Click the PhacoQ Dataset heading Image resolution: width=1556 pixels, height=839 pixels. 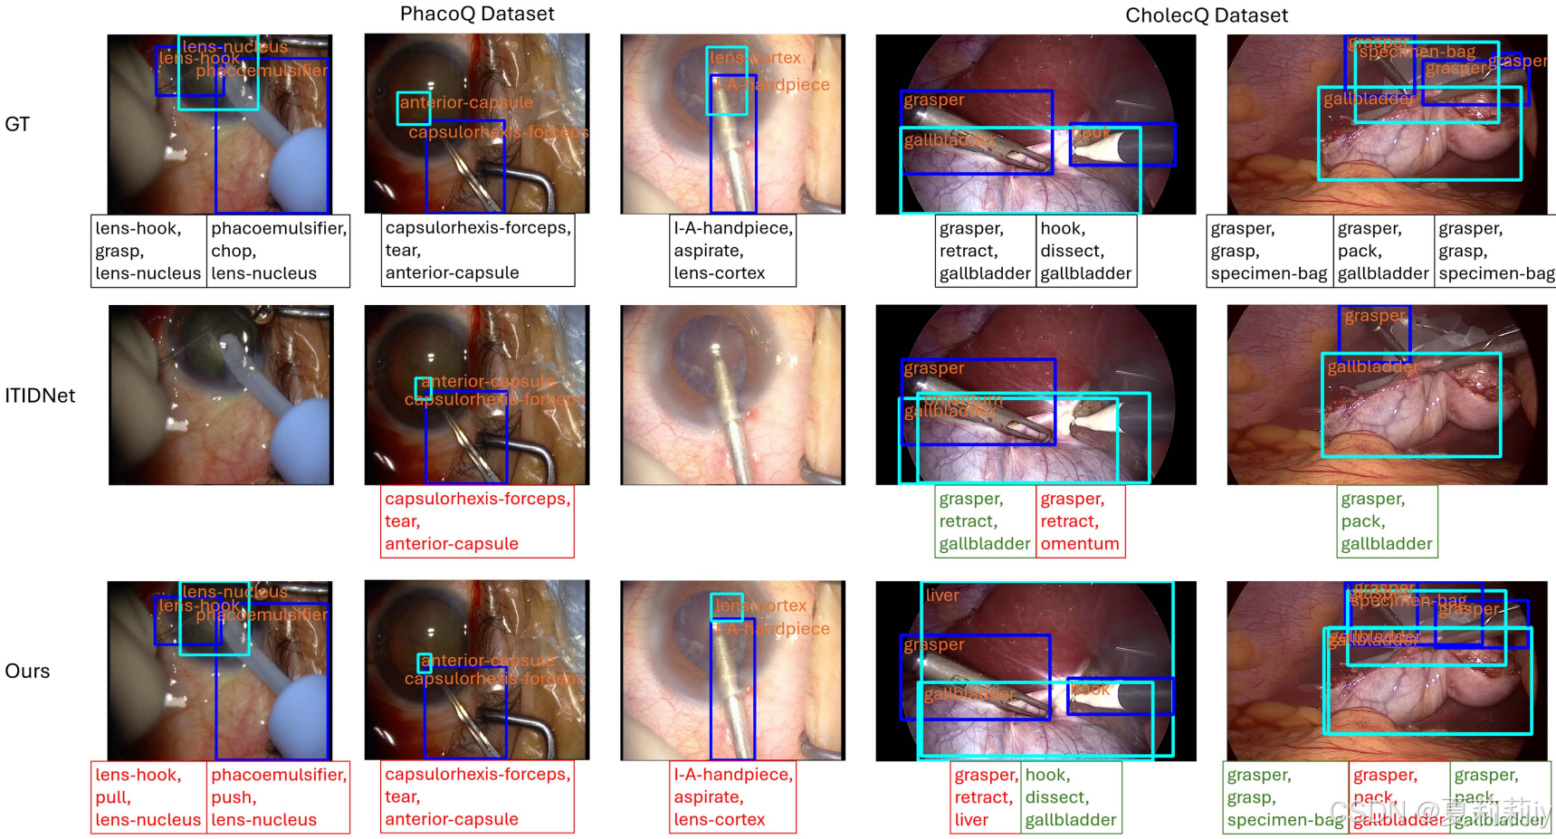pyautogui.click(x=477, y=14)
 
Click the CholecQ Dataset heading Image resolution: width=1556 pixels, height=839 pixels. pyautogui.click(x=1206, y=15)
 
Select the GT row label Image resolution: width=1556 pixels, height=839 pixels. pyautogui.click(x=17, y=124)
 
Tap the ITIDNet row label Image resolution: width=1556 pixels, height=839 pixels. pyautogui.click(x=40, y=396)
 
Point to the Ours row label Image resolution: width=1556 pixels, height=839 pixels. pyautogui.click(x=27, y=671)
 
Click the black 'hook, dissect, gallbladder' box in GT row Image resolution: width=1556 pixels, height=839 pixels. pyautogui.click(x=1085, y=251)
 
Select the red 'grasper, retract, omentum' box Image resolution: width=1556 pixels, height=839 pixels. pyautogui.click(x=1080, y=521)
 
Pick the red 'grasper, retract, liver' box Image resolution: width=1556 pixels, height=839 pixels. pyautogui.click(x=985, y=796)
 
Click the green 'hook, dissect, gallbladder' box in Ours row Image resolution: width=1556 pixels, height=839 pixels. pyautogui.click(x=1072, y=796)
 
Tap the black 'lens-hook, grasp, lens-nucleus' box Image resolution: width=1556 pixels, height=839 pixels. pyautogui.click(x=148, y=251)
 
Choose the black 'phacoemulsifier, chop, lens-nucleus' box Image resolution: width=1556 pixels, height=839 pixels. pyautogui.click(x=278, y=251)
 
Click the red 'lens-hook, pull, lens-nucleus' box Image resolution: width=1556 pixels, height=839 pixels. pyautogui.click(x=148, y=796)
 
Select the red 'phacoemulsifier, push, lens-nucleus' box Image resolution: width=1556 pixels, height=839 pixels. pyautogui.click(x=278, y=796)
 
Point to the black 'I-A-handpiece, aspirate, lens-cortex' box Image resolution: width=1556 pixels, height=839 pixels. pyautogui.click(x=732, y=251)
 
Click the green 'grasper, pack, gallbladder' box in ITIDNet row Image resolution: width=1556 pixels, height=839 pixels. pyautogui.click(x=1386, y=521)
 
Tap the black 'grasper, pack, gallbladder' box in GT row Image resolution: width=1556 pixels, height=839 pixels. pyautogui.click(x=1383, y=251)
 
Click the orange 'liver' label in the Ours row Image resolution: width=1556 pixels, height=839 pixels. pyautogui.click(x=942, y=596)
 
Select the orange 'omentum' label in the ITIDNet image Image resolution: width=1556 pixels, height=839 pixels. pyautogui.click(x=964, y=399)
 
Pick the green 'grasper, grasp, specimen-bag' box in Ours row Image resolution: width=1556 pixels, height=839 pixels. pyautogui.click(x=1285, y=796)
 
